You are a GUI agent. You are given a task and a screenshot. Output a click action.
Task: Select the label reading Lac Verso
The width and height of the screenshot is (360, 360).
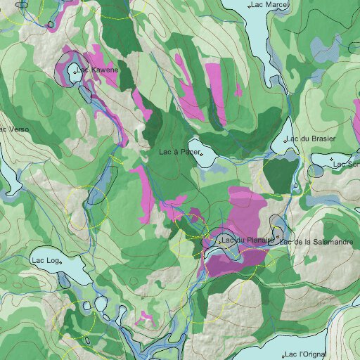click(x=14, y=129)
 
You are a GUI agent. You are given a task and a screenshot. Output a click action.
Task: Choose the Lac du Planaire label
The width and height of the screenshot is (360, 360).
click(x=247, y=241)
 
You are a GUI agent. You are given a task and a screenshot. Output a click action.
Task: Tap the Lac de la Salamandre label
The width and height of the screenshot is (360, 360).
click(x=314, y=242)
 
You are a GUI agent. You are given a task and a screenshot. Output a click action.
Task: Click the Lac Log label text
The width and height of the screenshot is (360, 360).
click(x=44, y=260)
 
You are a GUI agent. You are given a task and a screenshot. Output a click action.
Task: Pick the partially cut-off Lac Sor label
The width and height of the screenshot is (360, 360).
click(x=346, y=165)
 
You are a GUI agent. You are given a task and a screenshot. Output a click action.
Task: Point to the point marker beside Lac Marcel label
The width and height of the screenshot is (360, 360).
click(x=251, y=6)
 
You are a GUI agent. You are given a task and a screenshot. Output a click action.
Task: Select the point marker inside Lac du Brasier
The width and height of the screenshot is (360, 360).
click(x=285, y=141)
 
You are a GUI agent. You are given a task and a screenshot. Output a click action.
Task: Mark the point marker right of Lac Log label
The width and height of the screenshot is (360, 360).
click(x=61, y=262)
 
